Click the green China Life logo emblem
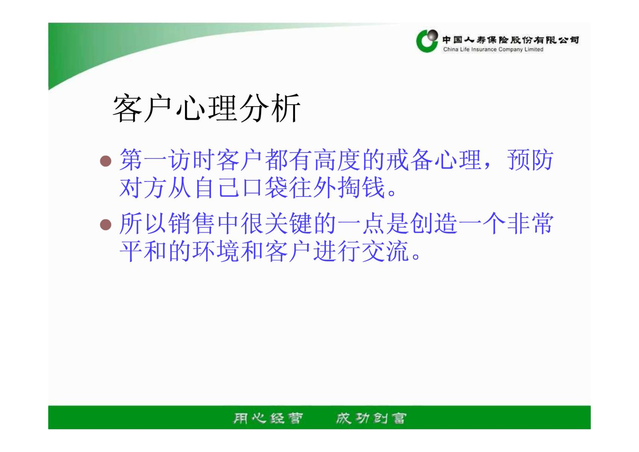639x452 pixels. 427,41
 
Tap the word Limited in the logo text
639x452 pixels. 534,49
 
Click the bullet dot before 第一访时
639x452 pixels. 106,161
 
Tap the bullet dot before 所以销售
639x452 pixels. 106,225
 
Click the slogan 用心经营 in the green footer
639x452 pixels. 268,418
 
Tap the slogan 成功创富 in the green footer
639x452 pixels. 371,418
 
